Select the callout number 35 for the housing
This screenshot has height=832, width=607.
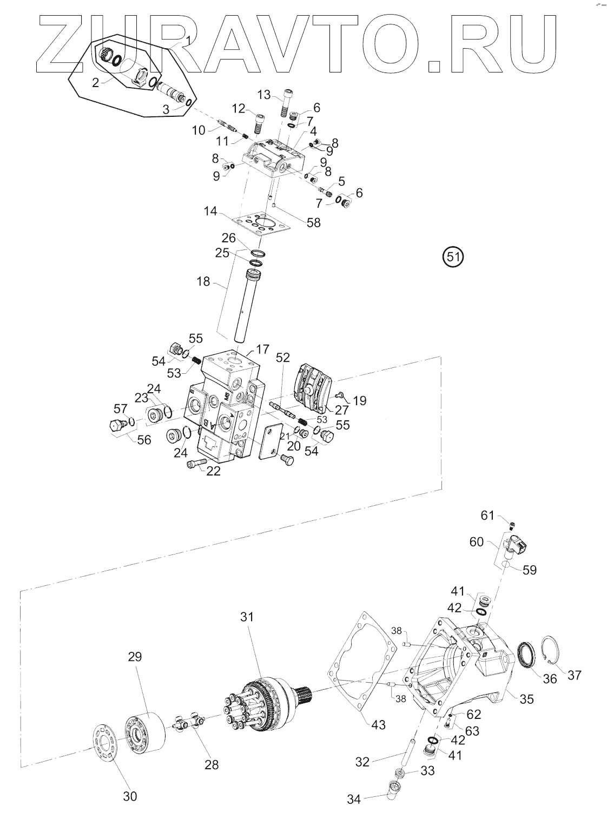tap(526, 699)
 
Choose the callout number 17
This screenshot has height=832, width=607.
tap(262, 349)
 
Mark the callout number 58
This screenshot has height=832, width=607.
tap(314, 222)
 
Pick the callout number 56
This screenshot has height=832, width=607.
tap(144, 439)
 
